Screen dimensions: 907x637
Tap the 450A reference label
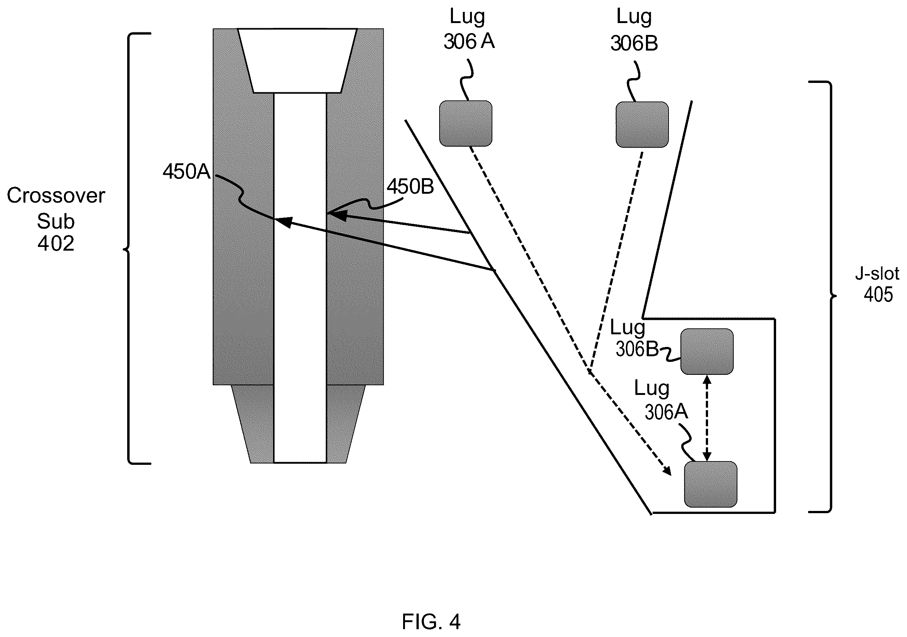pyautogui.click(x=186, y=172)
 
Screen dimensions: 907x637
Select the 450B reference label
pyautogui.click(x=410, y=186)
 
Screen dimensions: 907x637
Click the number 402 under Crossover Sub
pyautogui.click(x=56, y=243)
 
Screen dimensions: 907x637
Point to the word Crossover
pyautogui.click(x=56, y=196)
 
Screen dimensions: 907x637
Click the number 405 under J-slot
pyautogui.click(x=878, y=295)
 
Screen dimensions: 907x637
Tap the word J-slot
pyautogui.click(x=877, y=273)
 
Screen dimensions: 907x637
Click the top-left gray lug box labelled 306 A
pyautogui.click(x=466, y=123)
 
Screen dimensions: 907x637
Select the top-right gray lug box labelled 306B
pyautogui.click(x=642, y=125)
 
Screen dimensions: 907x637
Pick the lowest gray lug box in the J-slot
pyautogui.click(x=711, y=484)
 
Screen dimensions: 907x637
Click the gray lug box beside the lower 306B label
pyautogui.click(x=707, y=351)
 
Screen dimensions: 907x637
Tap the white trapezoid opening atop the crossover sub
pyautogui.click(x=297, y=60)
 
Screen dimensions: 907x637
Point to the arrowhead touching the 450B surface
pyautogui.click(x=337, y=215)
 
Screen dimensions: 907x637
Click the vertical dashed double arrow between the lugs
pyautogui.click(x=707, y=418)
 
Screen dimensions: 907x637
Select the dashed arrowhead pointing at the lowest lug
pyautogui.click(x=666, y=470)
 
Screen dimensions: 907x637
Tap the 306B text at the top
pyautogui.click(x=634, y=43)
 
